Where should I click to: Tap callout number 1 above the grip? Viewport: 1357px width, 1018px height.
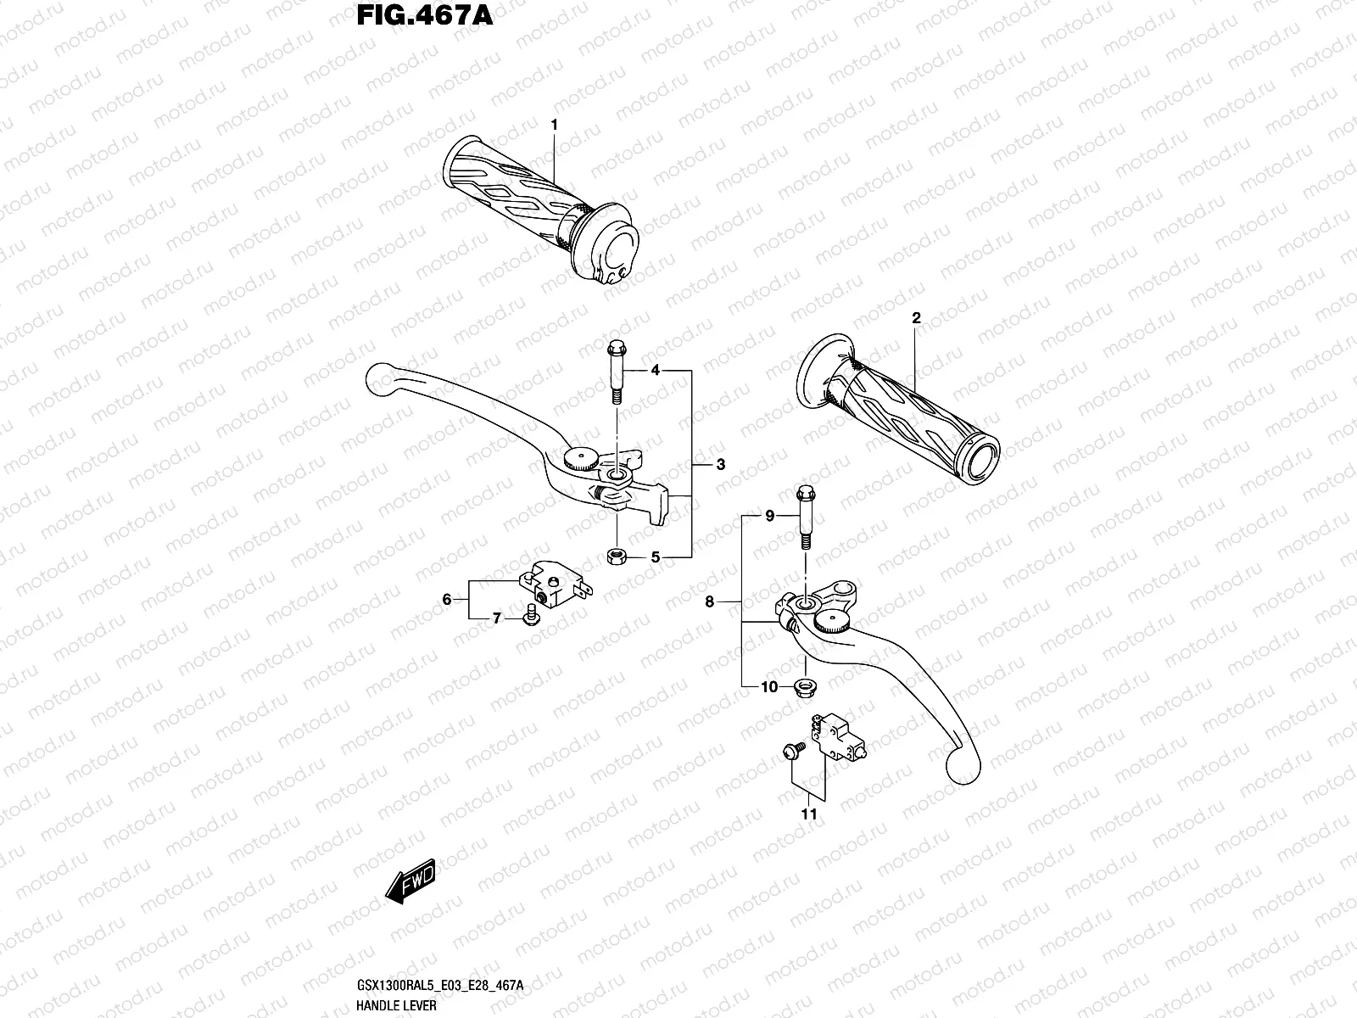pos(554,125)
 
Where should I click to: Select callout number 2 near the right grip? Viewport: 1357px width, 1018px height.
pos(916,319)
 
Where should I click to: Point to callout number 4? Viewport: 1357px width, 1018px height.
pos(656,371)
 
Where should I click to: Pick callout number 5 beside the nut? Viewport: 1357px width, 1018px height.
pos(656,557)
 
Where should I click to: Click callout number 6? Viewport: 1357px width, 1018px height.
pos(447,600)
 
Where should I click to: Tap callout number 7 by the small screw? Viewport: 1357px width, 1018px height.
pos(498,618)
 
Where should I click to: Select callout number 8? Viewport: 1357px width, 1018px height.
pos(710,602)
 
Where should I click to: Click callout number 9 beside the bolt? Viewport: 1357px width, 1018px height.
pos(770,515)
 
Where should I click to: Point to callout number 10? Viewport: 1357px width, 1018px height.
pos(768,687)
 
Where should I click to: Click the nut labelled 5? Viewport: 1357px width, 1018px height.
pos(617,557)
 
